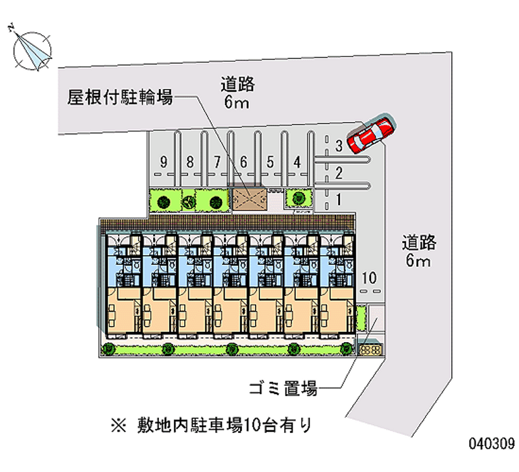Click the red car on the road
click(370, 134)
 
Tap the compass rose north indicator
click(32, 49)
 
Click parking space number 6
click(243, 162)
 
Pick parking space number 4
click(296, 162)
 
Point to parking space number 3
click(339, 147)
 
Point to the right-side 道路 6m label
click(418, 252)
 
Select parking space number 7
click(217, 162)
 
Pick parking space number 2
click(339, 172)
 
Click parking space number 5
click(270, 162)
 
